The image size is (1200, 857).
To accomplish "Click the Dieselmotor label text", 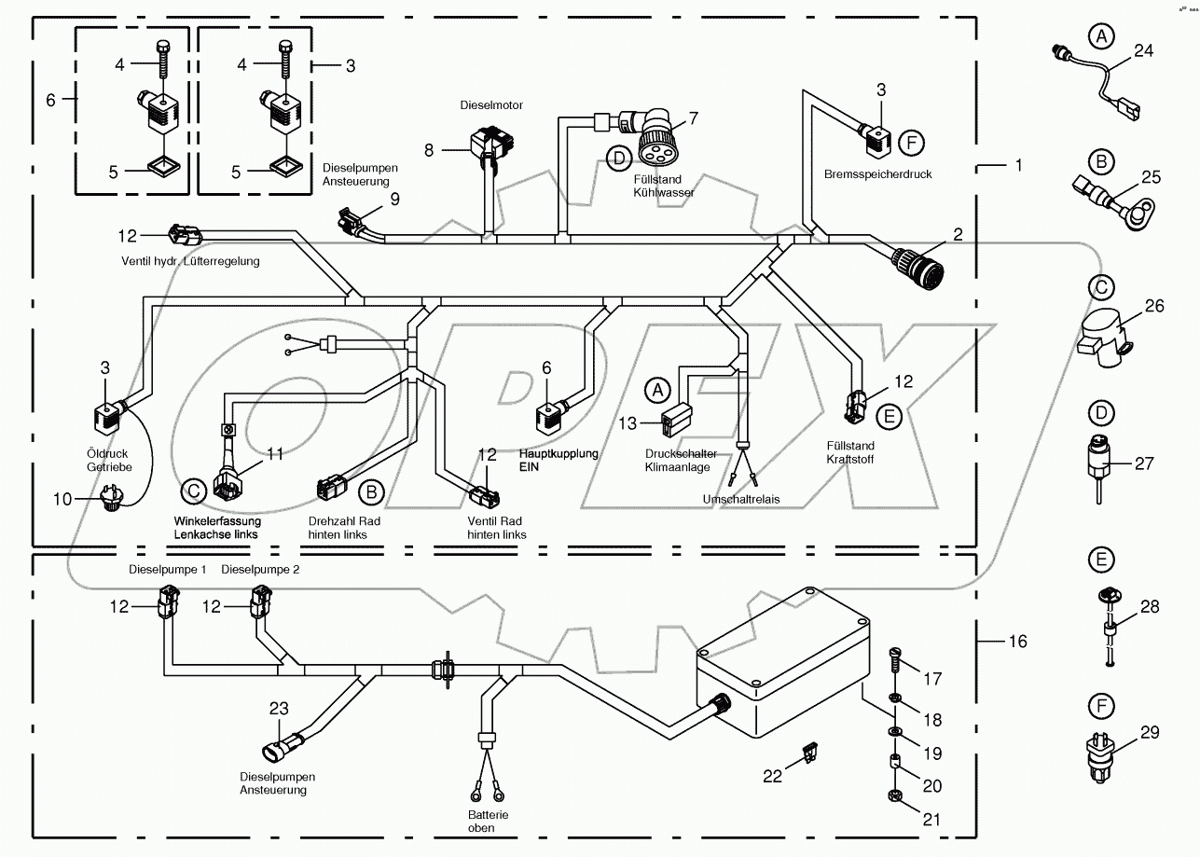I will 491,105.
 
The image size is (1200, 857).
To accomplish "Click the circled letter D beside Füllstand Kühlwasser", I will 618,158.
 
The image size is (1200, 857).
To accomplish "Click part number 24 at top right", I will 1143,51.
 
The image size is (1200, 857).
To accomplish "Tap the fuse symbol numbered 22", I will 809,752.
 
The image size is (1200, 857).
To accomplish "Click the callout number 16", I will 1017,642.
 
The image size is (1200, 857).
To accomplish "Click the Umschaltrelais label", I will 741,499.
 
